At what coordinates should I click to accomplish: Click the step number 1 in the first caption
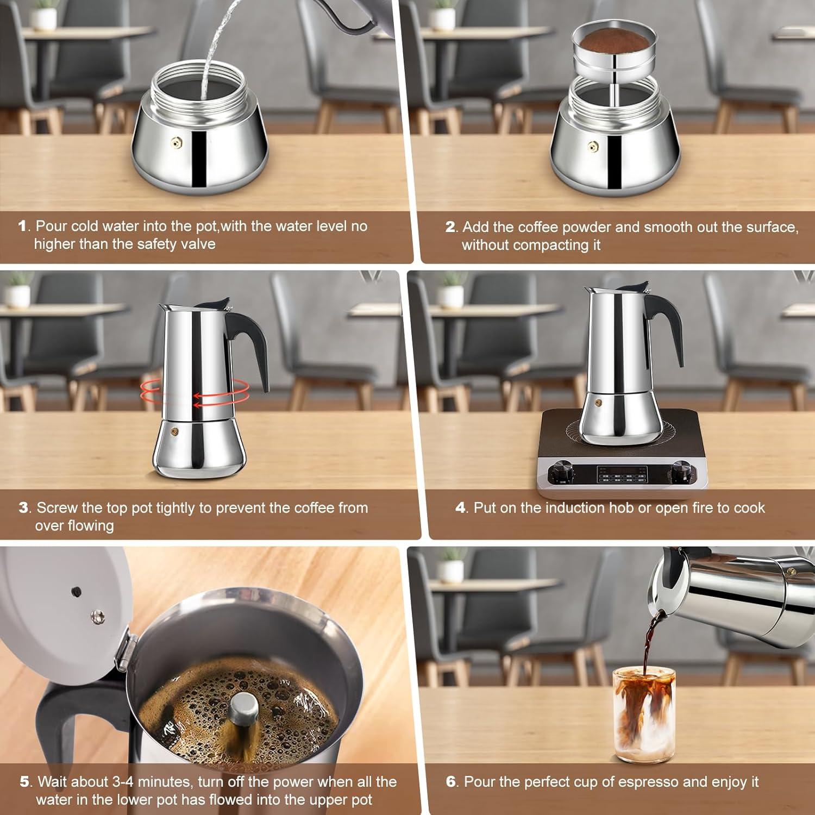[22, 226]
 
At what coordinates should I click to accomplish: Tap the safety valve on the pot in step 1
[176, 143]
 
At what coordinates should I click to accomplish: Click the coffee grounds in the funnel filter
[614, 41]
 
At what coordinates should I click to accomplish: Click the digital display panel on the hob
[622, 474]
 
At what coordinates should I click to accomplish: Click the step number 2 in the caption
[450, 227]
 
